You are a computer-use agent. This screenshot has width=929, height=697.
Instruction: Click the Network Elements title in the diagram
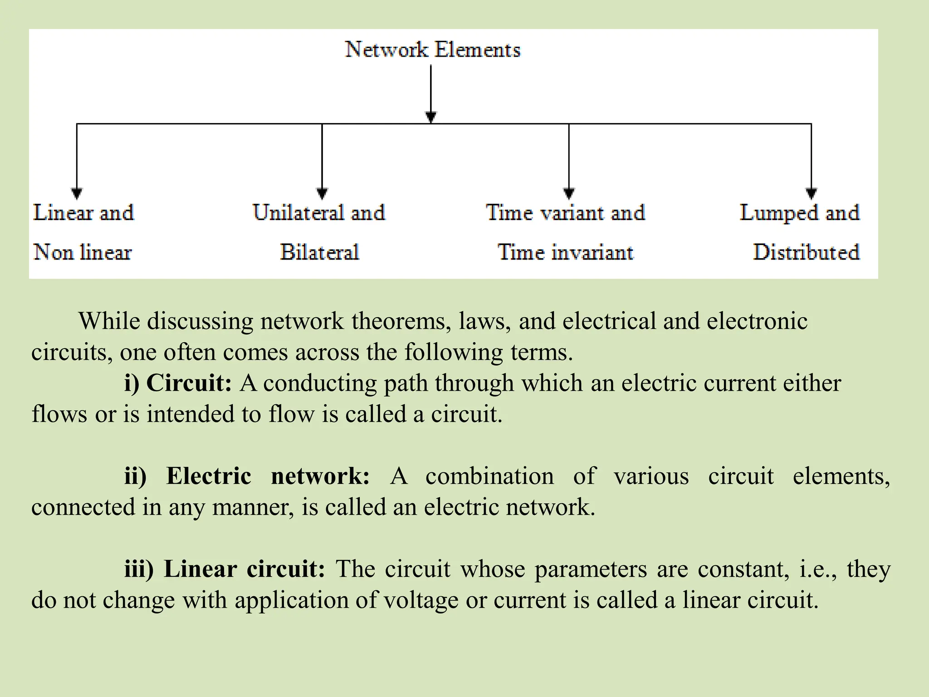point(432,49)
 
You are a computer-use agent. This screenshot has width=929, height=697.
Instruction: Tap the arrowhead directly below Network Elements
point(431,117)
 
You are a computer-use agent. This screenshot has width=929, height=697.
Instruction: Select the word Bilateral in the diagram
point(319,252)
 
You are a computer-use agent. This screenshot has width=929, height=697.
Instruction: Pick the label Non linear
point(83,252)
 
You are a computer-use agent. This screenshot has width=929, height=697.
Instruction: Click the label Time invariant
point(565,252)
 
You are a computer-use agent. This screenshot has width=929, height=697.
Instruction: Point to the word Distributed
point(806,252)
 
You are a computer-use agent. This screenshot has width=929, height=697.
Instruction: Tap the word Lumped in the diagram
point(778,213)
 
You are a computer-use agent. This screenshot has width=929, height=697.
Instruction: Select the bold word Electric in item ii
point(209,476)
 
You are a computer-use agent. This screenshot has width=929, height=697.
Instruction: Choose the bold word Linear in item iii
point(200,569)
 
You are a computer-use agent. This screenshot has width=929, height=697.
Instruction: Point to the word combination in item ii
point(489,476)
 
